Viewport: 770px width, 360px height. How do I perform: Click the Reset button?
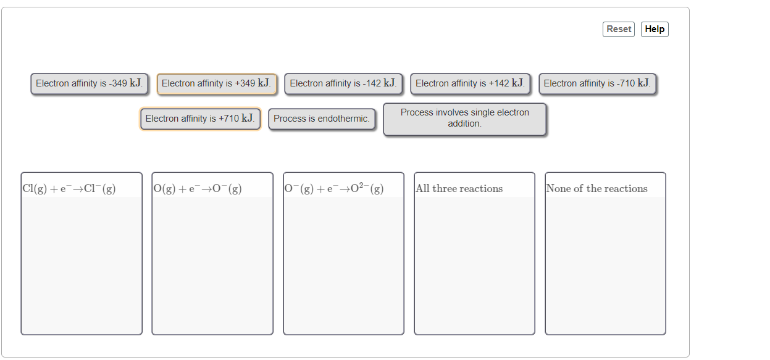pos(618,29)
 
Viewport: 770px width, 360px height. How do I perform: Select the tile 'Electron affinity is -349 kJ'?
pos(90,83)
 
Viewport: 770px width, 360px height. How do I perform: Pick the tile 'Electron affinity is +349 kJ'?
pos(216,83)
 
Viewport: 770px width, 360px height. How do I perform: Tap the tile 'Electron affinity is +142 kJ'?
pos(470,83)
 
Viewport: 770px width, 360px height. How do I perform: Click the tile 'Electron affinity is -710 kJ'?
pos(597,83)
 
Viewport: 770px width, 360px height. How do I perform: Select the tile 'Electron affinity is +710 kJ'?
pos(200,119)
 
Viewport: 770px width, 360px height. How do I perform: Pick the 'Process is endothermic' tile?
pos(322,119)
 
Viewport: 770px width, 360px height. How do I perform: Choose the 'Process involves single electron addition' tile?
pos(464,119)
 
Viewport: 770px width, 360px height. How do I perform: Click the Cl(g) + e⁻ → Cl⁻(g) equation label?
pos(69,189)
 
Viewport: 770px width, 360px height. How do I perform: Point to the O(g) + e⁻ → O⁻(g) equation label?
pos(198,189)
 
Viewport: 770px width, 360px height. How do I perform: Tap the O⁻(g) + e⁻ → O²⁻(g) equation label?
pos(334,188)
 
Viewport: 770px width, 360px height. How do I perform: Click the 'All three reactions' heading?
pos(459,189)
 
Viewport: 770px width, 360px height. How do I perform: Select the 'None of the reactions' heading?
pos(597,189)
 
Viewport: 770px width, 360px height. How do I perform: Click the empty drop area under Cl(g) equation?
pos(82,266)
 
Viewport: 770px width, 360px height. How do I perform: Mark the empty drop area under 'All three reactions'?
pos(474,266)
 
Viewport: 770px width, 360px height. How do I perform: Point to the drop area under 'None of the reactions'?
pos(605,266)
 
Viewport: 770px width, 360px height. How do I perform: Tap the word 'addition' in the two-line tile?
pos(464,123)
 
